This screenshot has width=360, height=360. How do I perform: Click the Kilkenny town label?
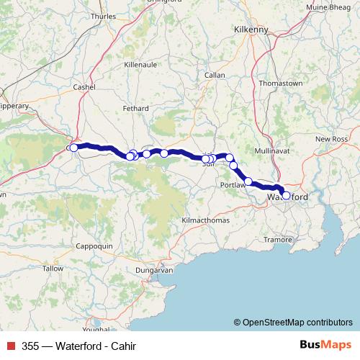tap(251, 30)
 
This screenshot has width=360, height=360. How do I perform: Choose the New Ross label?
tap(332, 138)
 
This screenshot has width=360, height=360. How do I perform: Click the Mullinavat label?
tap(271, 150)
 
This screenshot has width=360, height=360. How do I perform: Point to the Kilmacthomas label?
tap(204, 219)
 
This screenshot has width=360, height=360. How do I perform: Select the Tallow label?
tap(53, 268)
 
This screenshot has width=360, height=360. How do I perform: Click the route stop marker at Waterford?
tap(286, 195)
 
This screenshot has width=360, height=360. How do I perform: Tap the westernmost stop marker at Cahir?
tap(73, 148)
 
